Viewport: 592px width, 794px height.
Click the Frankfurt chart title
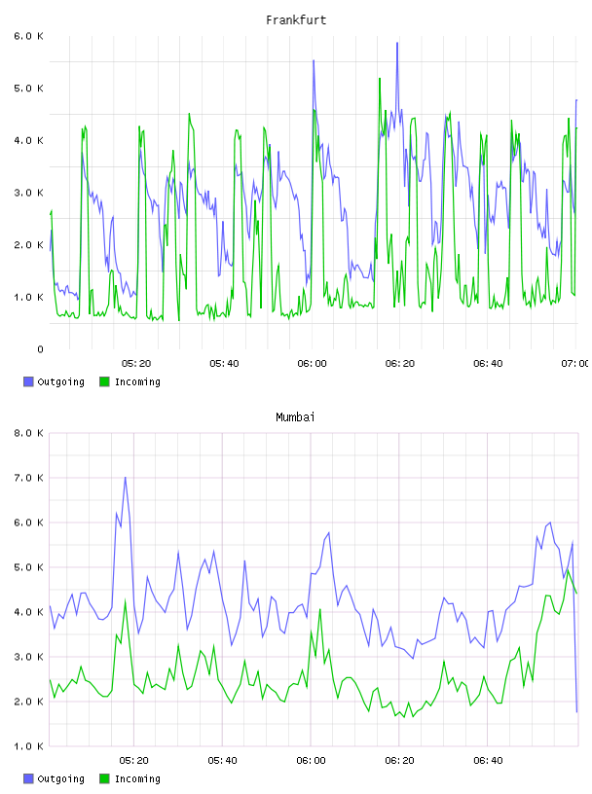pyautogui.click(x=296, y=20)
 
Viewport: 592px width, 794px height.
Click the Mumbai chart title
pyautogui.click(x=295, y=417)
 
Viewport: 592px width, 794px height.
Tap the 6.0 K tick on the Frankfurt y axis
pyautogui.click(x=28, y=36)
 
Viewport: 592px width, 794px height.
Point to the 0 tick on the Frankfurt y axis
pyautogui.click(x=40, y=349)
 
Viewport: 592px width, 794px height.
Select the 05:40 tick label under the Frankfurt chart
pyautogui.click(x=224, y=364)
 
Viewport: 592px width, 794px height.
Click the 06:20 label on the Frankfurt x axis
pyautogui.click(x=400, y=364)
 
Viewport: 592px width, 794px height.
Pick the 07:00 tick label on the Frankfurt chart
pyautogui.click(x=574, y=364)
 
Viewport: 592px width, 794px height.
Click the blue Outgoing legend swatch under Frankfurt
pyautogui.click(x=28, y=381)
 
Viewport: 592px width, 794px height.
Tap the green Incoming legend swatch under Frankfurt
pyautogui.click(x=104, y=381)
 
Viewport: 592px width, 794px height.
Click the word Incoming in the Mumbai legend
pyautogui.click(x=137, y=778)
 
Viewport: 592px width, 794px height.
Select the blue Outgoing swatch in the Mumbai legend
pyautogui.click(x=28, y=778)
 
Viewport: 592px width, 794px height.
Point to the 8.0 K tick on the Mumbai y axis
pyautogui.click(x=28, y=433)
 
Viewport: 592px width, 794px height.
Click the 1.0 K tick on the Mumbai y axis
pyautogui.click(x=28, y=746)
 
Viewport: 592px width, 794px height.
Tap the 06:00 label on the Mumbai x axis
pyautogui.click(x=312, y=761)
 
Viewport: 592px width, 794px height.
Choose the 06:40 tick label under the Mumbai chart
pyautogui.click(x=488, y=761)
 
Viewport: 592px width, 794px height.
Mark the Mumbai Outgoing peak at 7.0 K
pyautogui.click(x=126, y=477)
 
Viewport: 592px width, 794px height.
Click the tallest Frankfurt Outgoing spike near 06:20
pyautogui.click(x=397, y=43)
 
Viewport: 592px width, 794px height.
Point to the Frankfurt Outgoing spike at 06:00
pyautogui.click(x=314, y=60)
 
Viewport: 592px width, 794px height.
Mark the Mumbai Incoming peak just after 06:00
pyautogui.click(x=319, y=610)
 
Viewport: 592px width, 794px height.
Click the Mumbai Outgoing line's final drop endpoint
pyautogui.click(x=576, y=712)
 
